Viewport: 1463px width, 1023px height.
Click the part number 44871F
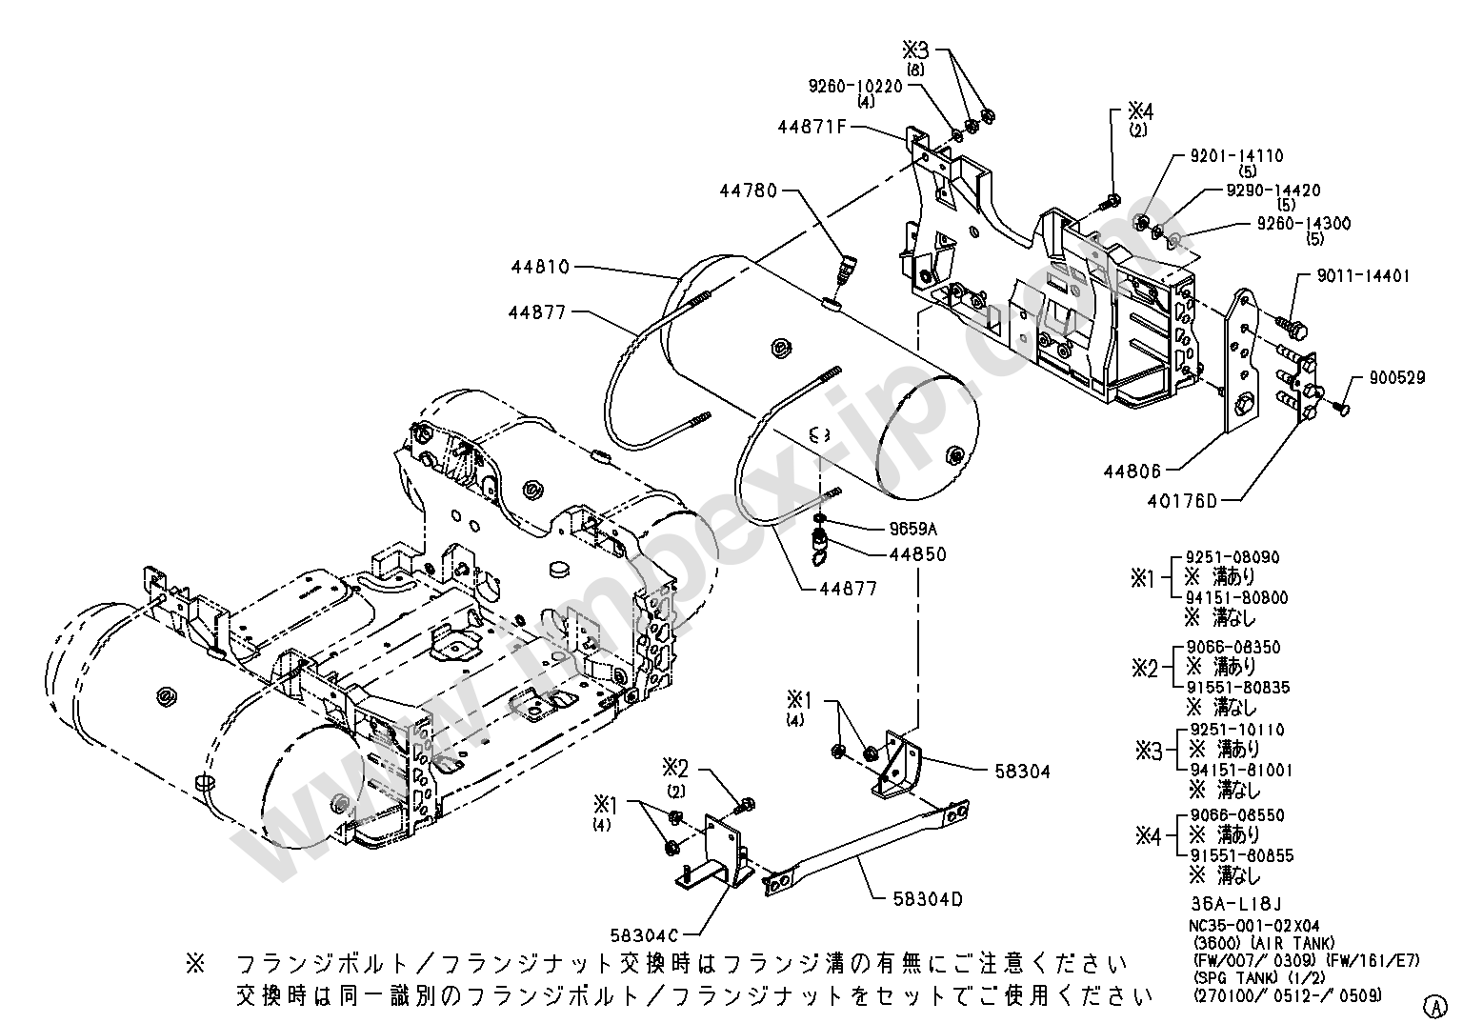click(x=812, y=126)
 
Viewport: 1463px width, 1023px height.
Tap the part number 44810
click(x=540, y=267)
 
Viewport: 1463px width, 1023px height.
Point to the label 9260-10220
click(x=855, y=87)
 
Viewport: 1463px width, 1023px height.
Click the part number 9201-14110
click(x=1236, y=155)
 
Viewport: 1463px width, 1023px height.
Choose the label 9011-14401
click(x=1363, y=275)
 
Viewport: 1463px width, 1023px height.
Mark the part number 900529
click(x=1397, y=377)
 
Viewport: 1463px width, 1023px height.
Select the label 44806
click(x=1132, y=471)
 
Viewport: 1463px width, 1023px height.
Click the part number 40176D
click(x=1182, y=501)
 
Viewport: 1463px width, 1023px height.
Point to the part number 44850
click(x=917, y=554)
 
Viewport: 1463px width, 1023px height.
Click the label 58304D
click(x=928, y=899)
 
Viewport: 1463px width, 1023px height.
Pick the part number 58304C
click(x=645, y=936)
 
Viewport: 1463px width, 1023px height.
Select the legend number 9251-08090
click(x=1233, y=557)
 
